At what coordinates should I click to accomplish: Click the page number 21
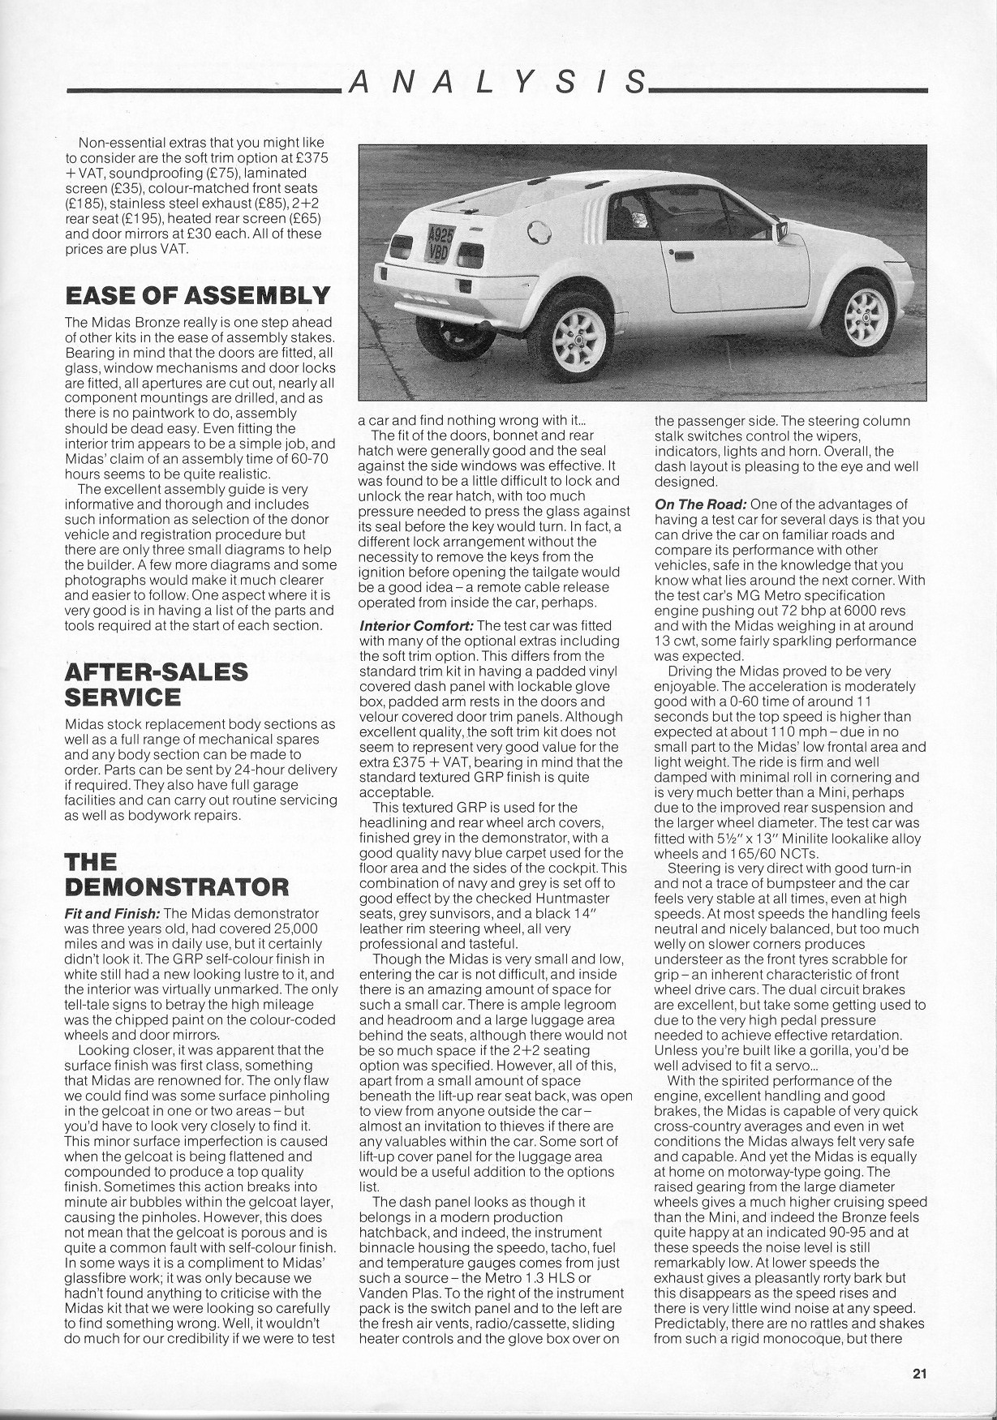tap(918, 1374)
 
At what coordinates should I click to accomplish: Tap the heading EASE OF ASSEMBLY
tap(197, 294)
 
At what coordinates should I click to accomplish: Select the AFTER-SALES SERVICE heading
tap(156, 684)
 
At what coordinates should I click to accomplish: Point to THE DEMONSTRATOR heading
tap(176, 873)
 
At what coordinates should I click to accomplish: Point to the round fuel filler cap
tap(537, 233)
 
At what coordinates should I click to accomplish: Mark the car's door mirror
tap(782, 233)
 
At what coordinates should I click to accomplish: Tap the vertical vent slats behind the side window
tap(595, 217)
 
